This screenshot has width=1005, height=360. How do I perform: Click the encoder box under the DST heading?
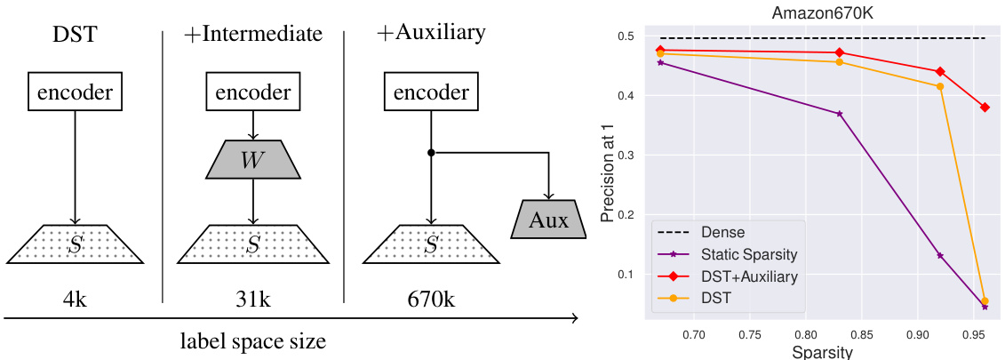(75, 92)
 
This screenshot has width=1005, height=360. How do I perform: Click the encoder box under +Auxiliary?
(431, 92)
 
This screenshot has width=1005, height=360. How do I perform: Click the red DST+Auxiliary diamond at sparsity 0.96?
(985, 108)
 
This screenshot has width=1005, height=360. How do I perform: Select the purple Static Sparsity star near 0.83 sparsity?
(839, 114)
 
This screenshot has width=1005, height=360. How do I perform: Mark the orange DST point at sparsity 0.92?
(940, 86)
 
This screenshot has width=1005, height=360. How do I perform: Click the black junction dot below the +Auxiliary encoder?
(431, 153)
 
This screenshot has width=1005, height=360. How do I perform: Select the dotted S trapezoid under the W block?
(254, 244)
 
